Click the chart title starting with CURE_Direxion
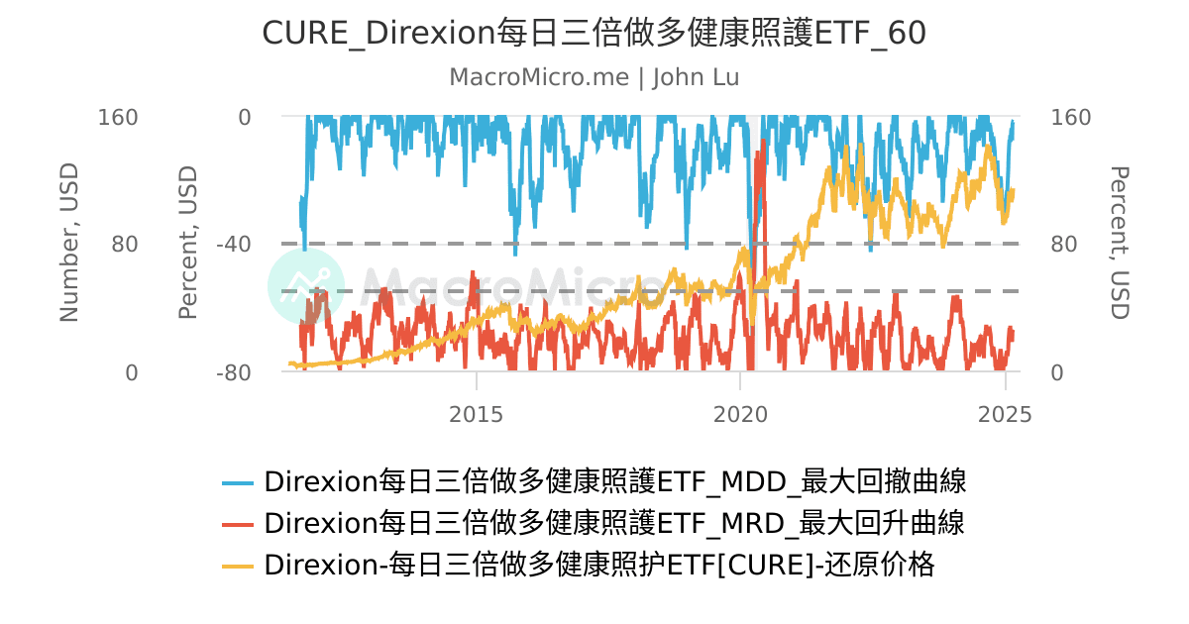[x=594, y=34]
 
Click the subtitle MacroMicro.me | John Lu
[x=594, y=77]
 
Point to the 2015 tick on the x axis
[x=477, y=414]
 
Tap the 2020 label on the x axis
[x=741, y=414]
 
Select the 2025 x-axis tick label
[x=1005, y=414]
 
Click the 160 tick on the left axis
[x=118, y=117]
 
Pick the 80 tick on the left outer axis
[x=125, y=244]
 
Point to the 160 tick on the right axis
[x=1070, y=117]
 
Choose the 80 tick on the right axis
[x=1063, y=244]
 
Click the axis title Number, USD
[x=68, y=244]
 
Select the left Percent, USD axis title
[x=188, y=244]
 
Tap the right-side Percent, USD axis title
[x=1119, y=244]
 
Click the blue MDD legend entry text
[x=614, y=482]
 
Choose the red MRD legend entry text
[x=614, y=523]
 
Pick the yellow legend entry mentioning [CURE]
[x=599, y=565]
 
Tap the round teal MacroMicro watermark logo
[x=306, y=286]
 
